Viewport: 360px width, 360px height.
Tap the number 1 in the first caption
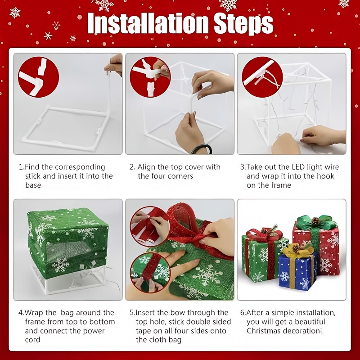tap(20, 167)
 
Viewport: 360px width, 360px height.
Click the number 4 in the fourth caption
tap(20, 312)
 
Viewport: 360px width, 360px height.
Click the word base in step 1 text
tap(33, 185)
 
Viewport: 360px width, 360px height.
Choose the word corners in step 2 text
tap(180, 176)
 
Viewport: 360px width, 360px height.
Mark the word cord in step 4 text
tap(33, 340)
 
